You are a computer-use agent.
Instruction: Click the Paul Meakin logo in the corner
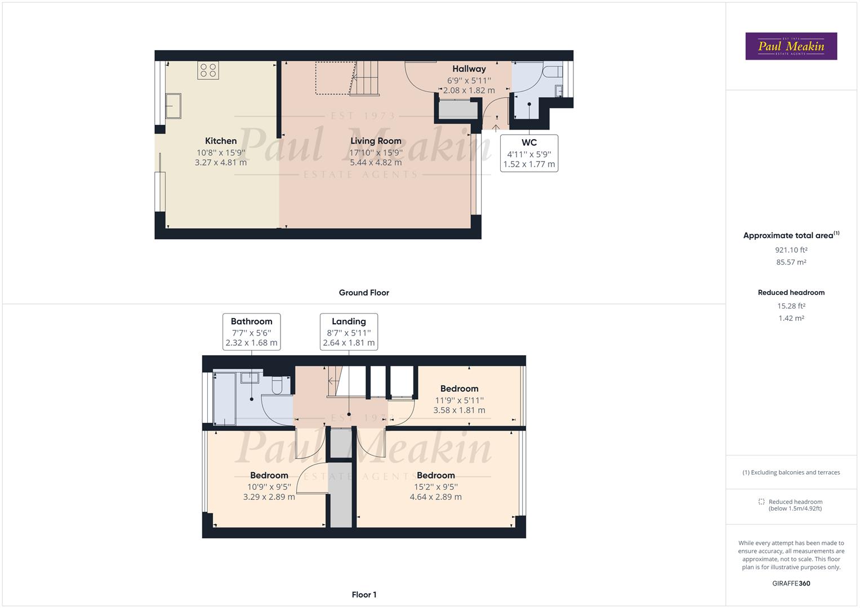pos(791,46)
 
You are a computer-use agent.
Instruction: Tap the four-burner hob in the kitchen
pos(208,70)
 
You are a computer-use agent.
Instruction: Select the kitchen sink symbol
pos(173,106)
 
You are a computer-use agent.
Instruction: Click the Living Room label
pos(376,141)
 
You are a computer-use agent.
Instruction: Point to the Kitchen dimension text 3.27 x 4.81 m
pos(221,162)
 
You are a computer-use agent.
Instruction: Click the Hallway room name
pos(469,69)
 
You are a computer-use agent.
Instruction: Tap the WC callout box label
pos(529,142)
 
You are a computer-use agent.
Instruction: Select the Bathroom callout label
pos(251,321)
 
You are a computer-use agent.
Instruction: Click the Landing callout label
pos(349,321)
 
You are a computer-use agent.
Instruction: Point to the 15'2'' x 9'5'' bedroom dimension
pos(435,486)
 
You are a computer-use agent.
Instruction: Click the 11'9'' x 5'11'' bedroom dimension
pos(459,400)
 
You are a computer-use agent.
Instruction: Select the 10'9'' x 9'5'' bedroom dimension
pos(269,486)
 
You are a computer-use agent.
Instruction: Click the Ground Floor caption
pos(364,293)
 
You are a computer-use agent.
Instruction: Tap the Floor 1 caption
pos(364,594)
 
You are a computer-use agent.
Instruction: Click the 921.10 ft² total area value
pos(791,250)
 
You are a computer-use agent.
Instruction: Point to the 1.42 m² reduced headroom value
pos(791,318)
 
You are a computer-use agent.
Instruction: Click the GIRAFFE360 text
pos(791,583)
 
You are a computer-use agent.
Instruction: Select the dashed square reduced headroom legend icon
pos(761,502)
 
